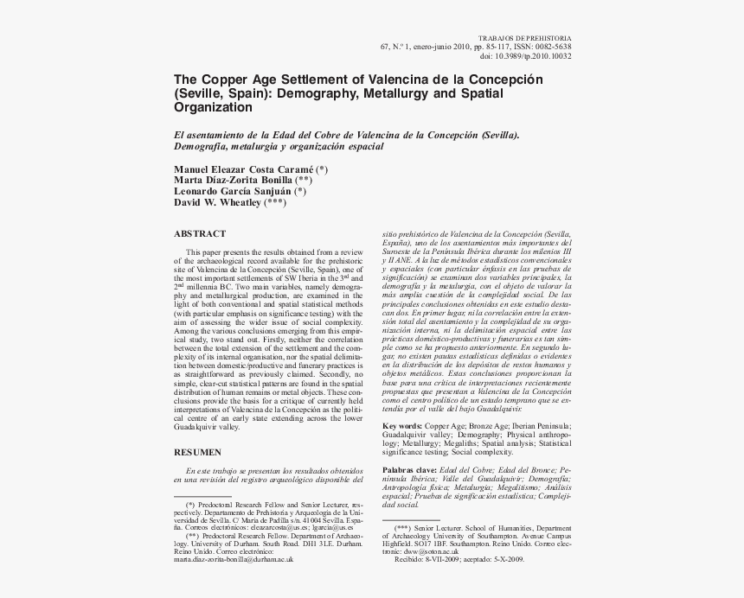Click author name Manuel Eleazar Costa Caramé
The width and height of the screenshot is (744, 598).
coord(244,169)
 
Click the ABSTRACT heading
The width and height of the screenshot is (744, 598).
coord(200,233)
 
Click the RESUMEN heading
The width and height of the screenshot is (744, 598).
coord(198,452)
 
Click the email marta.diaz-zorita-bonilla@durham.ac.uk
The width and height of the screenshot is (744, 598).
coord(234,559)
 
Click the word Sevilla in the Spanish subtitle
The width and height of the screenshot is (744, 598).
coord(498,135)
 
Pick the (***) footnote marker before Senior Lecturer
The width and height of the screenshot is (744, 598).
coord(402,526)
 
